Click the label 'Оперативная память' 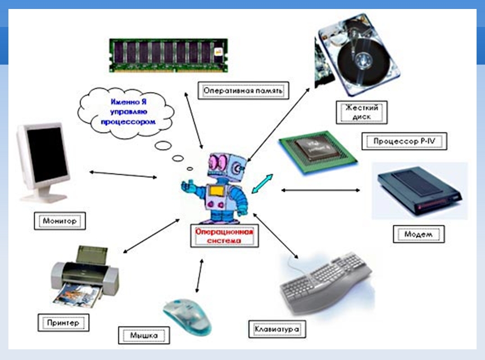[x=243, y=90]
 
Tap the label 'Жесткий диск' [x=360, y=111]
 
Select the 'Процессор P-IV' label [x=401, y=141]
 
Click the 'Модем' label [x=416, y=234]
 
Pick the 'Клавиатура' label [x=277, y=327]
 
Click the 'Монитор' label [x=60, y=221]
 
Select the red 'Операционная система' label [x=224, y=235]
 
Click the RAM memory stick [x=168, y=55]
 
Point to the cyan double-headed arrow [x=262, y=184]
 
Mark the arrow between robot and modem [x=320, y=190]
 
